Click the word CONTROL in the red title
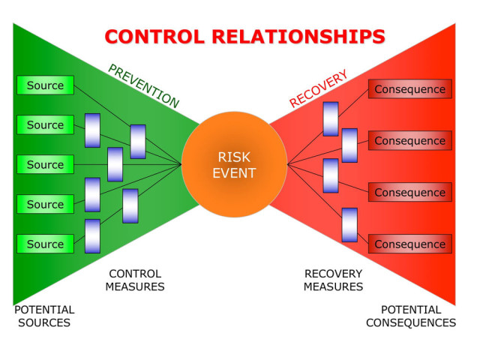click(154, 37)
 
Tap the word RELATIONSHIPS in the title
click(298, 37)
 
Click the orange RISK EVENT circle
click(234, 164)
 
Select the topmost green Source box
click(45, 85)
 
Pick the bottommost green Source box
click(45, 244)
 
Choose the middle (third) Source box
click(45, 164)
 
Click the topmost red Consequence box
click(410, 89)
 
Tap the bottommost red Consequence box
click(410, 244)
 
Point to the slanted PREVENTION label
click(143, 86)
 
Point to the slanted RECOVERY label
click(318, 88)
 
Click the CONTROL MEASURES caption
click(135, 280)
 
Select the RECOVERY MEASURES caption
click(333, 280)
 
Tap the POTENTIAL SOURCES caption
click(44, 316)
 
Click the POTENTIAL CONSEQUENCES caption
click(411, 316)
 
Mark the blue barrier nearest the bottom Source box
click(92, 236)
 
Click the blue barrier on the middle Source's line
click(115, 164)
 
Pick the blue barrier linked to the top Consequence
click(331, 119)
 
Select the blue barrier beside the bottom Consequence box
click(349, 225)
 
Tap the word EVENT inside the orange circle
click(234, 173)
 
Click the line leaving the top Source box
click(102, 106)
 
